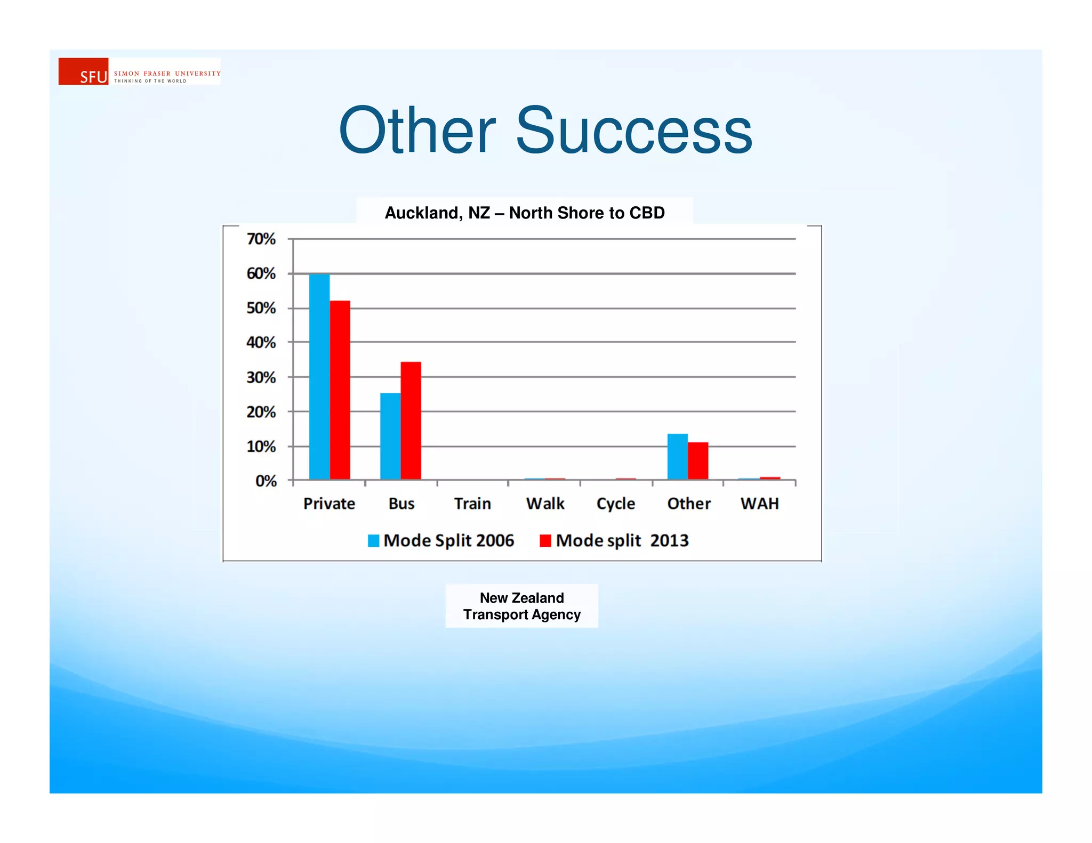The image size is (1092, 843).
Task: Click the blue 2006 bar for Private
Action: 319,376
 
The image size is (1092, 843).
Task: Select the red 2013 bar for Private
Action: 340,390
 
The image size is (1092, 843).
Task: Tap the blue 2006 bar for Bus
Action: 390,436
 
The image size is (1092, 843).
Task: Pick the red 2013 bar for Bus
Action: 411,420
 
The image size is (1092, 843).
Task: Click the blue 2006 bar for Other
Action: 677,456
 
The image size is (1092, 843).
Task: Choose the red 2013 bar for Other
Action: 698,460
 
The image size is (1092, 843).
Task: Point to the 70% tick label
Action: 261,239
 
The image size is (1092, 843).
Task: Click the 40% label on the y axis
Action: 261,342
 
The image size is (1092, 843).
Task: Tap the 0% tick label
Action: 266,481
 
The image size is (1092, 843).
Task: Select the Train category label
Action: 472,504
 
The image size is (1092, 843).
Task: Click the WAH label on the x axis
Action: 759,504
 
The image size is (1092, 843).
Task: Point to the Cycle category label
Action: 615,504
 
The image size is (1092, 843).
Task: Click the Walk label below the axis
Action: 545,504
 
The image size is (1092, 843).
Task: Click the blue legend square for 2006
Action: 373,541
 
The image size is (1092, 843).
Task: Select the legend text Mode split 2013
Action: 622,541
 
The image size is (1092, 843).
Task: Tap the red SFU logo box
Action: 83,71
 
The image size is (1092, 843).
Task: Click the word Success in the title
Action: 633,131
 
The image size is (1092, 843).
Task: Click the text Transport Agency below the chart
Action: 521,614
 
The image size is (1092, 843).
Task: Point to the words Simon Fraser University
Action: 167,74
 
